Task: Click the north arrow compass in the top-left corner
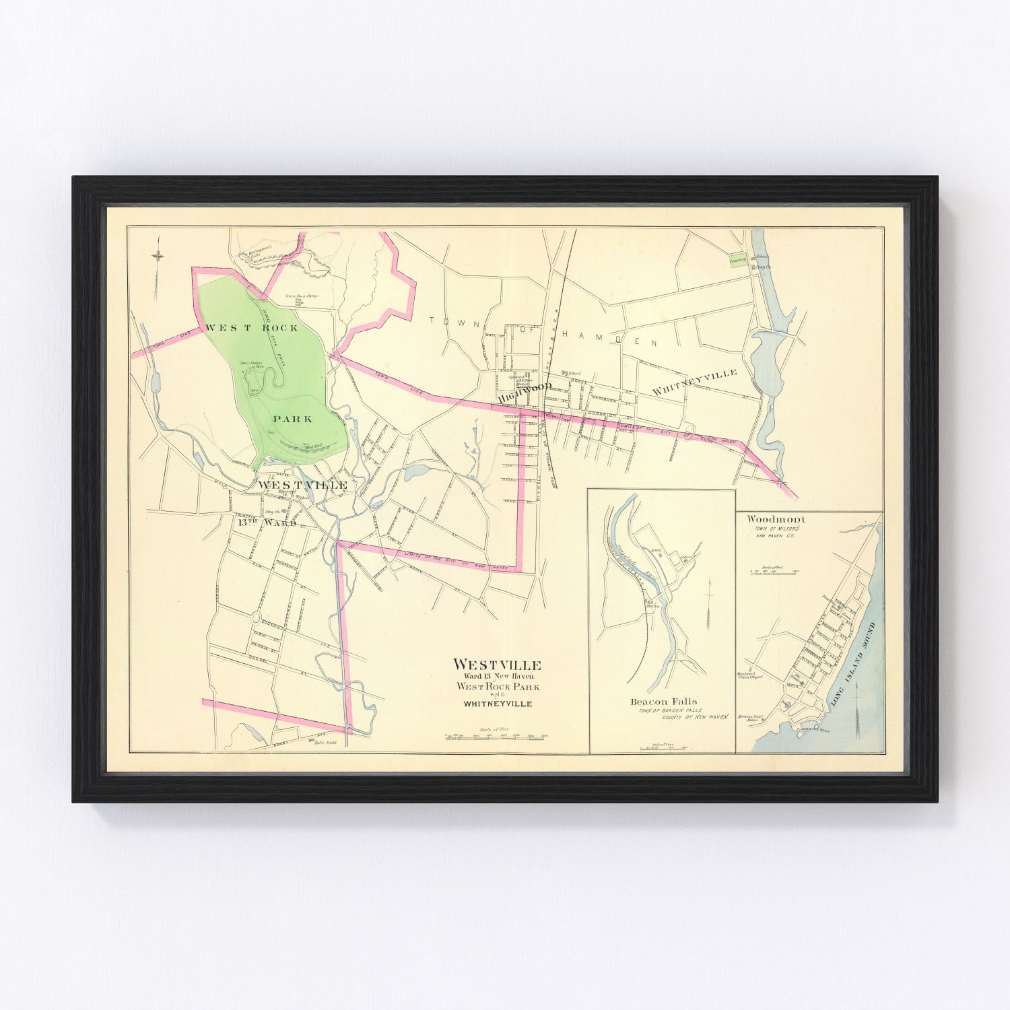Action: (157, 256)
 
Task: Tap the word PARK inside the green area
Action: (292, 419)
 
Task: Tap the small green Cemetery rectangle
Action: (739, 261)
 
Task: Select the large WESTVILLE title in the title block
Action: (497, 665)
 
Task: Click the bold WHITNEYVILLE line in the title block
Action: (497, 704)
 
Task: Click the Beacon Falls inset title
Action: (663, 702)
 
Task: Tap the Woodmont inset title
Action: (775, 520)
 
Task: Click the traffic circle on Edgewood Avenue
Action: (255, 617)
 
